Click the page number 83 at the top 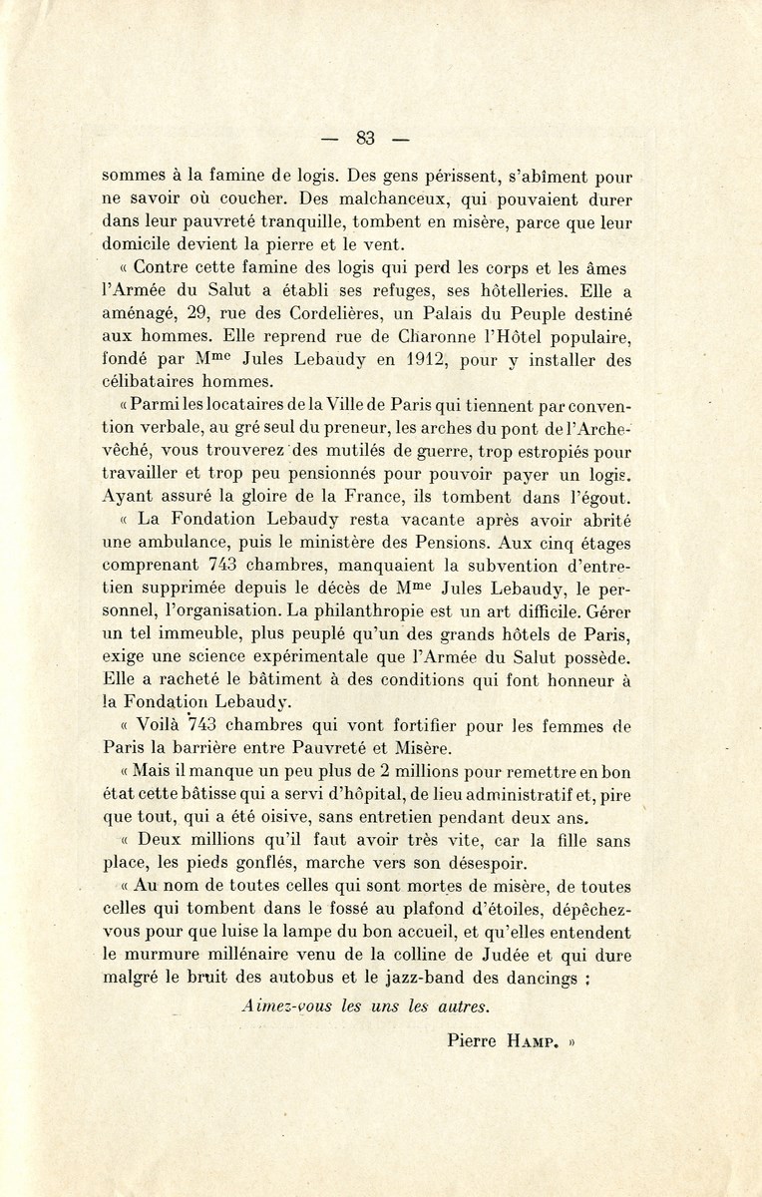pyautogui.click(x=365, y=139)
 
